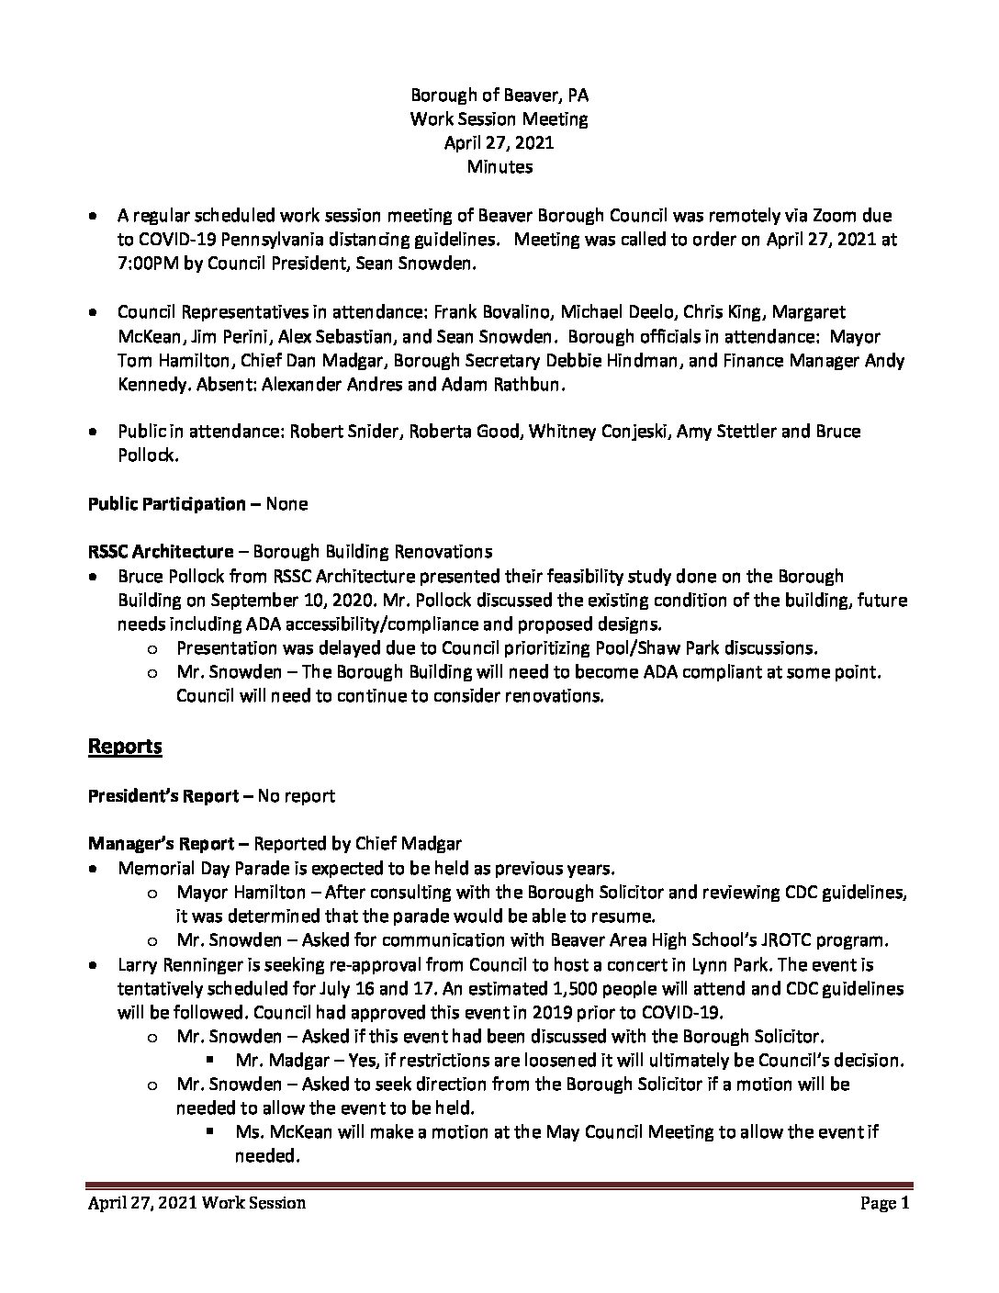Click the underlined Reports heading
pos(125,746)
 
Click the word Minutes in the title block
pos(499,166)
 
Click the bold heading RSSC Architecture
pos(161,552)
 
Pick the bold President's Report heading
pos(163,795)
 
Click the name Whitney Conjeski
pos(597,431)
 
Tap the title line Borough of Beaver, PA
pos(499,95)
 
